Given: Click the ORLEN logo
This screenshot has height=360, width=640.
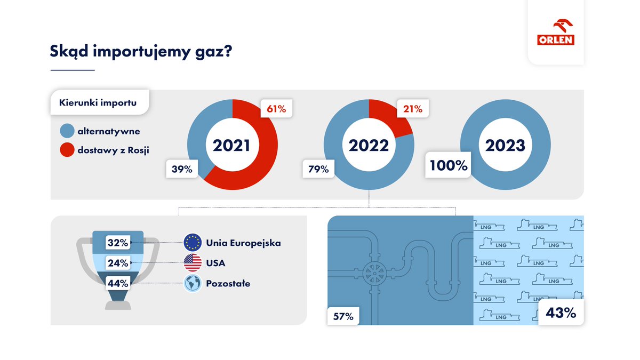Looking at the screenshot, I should pyautogui.click(x=555, y=33).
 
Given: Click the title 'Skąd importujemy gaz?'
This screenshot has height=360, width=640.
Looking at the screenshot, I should pyautogui.click(x=141, y=51).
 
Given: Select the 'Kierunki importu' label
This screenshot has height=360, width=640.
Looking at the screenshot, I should pyautogui.click(x=98, y=103).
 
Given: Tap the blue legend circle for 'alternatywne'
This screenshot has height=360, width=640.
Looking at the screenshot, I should pyautogui.click(x=67, y=131).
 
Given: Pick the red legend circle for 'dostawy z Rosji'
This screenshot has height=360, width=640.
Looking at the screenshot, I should pyautogui.click(x=67, y=150).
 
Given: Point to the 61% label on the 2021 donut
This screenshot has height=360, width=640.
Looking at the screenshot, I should pyautogui.click(x=276, y=109).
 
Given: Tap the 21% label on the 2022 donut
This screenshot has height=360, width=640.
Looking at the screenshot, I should pyautogui.click(x=412, y=109).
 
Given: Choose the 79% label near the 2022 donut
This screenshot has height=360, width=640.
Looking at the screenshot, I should pyautogui.click(x=319, y=169).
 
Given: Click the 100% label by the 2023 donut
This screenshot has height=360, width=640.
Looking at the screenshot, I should pyautogui.click(x=449, y=165).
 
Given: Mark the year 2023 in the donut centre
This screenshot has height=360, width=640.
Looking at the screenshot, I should pyautogui.click(x=505, y=146).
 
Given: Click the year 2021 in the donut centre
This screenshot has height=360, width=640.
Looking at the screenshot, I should pyautogui.click(x=232, y=146).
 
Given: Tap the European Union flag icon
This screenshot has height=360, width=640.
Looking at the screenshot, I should pyautogui.click(x=192, y=243).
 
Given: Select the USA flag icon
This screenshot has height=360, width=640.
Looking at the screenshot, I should pyautogui.click(x=192, y=263).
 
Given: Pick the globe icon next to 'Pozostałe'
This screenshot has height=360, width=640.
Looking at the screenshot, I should pyautogui.click(x=192, y=283).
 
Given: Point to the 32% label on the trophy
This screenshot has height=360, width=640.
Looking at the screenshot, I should pyautogui.click(x=118, y=243).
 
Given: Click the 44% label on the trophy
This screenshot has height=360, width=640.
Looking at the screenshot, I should pyautogui.click(x=118, y=283).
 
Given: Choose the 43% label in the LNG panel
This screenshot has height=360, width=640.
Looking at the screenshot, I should pyautogui.click(x=561, y=313).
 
